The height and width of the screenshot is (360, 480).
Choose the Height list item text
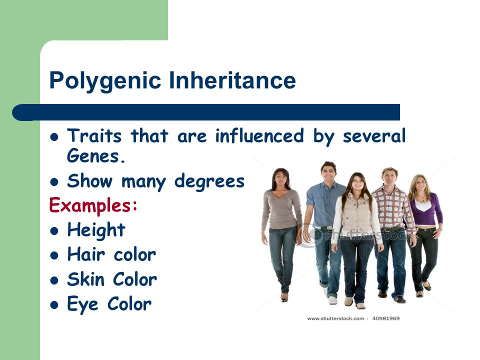click(96, 230)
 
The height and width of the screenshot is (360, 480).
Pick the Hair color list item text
click(111, 254)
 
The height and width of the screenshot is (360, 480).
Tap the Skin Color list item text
click(112, 279)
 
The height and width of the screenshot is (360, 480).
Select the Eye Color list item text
click(109, 303)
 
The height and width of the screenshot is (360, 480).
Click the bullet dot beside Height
click(55, 230)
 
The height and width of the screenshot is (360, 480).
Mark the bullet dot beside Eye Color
click(55, 304)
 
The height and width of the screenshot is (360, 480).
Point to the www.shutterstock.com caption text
click(335, 318)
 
